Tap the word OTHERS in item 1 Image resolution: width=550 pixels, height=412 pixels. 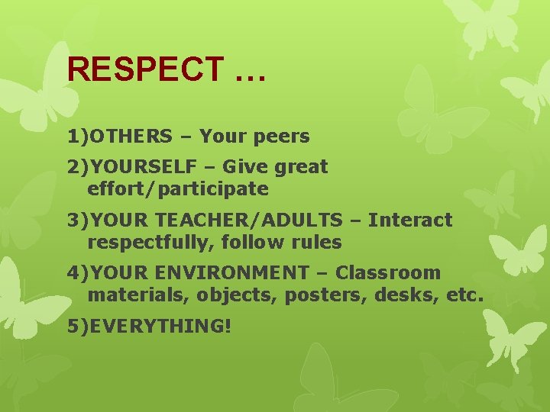point(131,137)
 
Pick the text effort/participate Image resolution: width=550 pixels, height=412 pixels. point(178,188)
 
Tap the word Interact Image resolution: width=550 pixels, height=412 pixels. point(410,220)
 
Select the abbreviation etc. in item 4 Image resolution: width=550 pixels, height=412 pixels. point(462,295)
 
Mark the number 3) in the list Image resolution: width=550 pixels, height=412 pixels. point(77,220)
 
